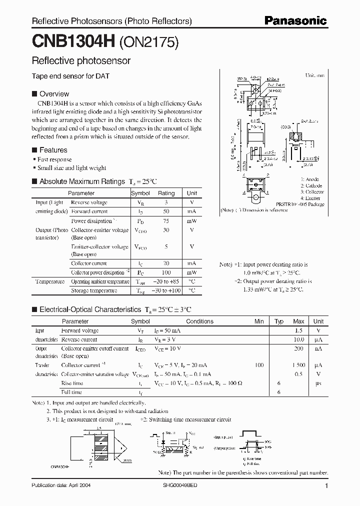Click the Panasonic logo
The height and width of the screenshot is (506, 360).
[x=295, y=21]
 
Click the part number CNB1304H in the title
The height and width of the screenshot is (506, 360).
[x=73, y=42]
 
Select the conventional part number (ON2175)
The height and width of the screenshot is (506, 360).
[x=148, y=42]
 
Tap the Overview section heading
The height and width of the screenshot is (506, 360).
[x=54, y=93]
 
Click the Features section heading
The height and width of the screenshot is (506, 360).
[x=53, y=149]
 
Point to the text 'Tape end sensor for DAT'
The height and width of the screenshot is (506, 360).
[x=70, y=76]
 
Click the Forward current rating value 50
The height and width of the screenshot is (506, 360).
[x=166, y=211]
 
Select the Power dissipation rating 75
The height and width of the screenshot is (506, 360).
[x=166, y=220]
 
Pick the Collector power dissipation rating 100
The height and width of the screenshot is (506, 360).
[x=166, y=272]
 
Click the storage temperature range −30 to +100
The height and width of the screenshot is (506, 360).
[x=166, y=290]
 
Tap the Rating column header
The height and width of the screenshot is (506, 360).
[x=166, y=193]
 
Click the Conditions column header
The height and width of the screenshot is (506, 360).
[x=199, y=321]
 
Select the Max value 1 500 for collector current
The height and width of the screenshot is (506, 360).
[x=298, y=365]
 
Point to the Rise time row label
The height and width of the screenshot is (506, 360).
[x=72, y=383]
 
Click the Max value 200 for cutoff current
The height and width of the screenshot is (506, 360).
[x=298, y=348]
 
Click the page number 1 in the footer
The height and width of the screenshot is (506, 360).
[x=326, y=485]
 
